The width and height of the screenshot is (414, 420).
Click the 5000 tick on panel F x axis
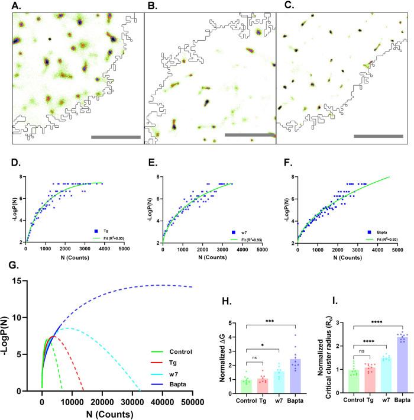click(x=394, y=250)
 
